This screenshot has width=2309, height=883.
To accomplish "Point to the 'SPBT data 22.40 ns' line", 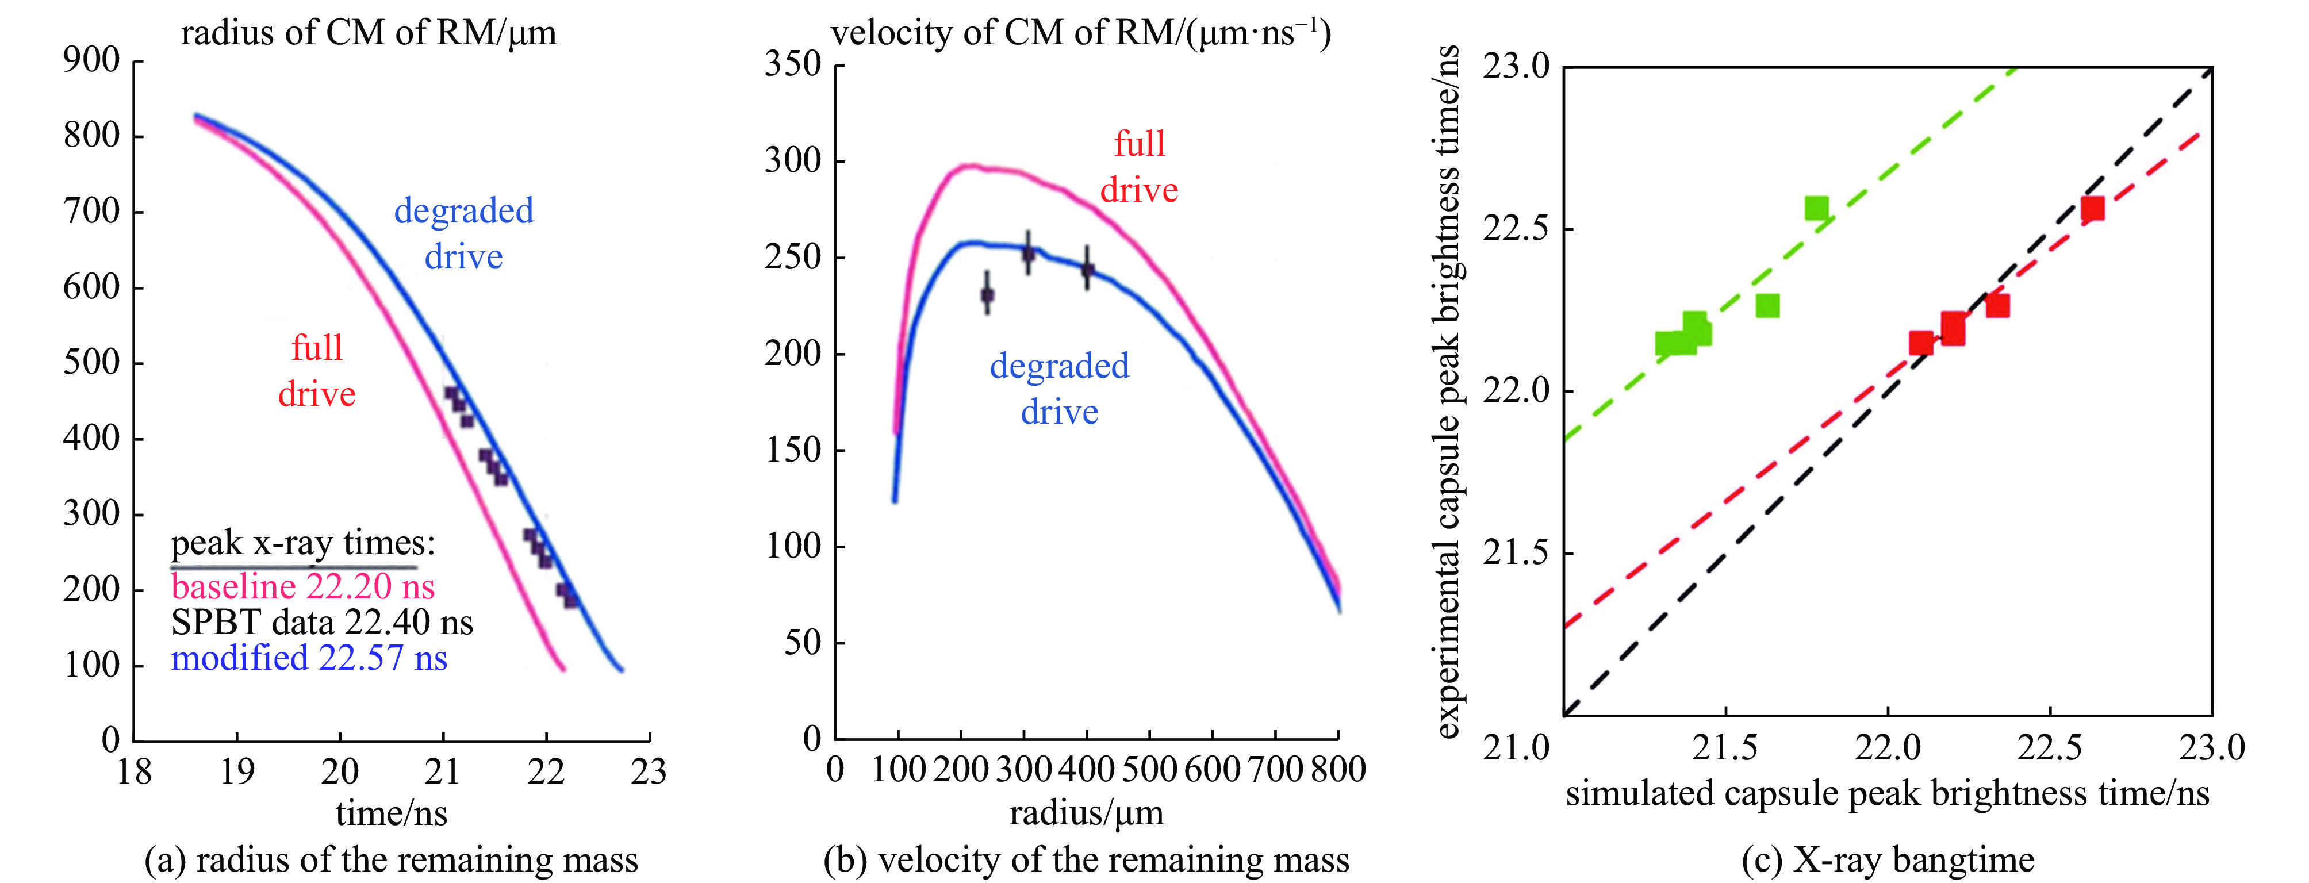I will [x=322, y=622].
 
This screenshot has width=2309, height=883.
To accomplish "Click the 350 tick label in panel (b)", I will [x=792, y=64].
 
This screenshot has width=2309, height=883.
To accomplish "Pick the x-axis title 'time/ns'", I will [x=391, y=813].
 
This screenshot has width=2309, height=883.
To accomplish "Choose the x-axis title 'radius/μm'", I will [x=1087, y=813].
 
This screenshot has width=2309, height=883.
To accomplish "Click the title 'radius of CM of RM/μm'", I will [x=369, y=33].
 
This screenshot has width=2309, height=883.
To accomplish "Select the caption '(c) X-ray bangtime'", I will [x=1888, y=859].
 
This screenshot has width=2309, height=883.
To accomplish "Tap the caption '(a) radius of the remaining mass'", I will [x=391, y=859].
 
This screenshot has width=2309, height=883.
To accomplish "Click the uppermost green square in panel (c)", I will [x=1816, y=209].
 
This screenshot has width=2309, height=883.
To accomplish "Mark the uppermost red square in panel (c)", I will [x=2092, y=209].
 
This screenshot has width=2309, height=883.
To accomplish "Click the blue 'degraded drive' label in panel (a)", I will [x=463, y=234].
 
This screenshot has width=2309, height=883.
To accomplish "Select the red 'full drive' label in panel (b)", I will [x=1139, y=167].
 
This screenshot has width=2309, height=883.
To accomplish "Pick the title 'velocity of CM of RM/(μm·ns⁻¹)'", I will [x=1080, y=33].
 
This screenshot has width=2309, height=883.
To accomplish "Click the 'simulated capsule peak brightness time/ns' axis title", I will [x=1888, y=793].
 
